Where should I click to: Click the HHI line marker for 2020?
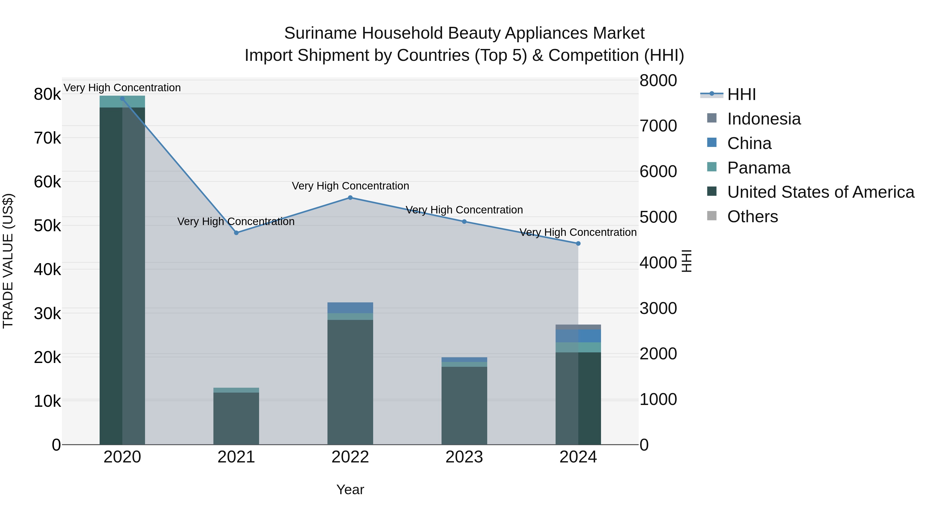pyautogui.click(x=122, y=99)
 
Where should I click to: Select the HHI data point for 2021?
pyautogui.click(x=236, y=233)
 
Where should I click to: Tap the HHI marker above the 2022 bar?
pyautogui.click(x=350, y=198)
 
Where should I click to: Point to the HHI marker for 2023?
pyautogui.click(x=464, y=221)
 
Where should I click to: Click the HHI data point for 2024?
pyautogui.click(x=578, y=244)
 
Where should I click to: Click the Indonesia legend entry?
pyautogui.click(x=764, y=119)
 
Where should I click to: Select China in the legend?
pyautogui.click(x=749, y=143)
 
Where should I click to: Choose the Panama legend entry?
pyautogui.click(x=758, y=168)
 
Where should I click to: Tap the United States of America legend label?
pyautogui.click(x=820, y=192)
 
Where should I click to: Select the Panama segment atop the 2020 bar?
pyautogui.click(x=122, y=102)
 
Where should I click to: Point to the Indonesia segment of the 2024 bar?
pyautogui.click(x=578, y=327)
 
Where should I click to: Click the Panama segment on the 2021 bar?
pyautogui.click(x=236, y=390)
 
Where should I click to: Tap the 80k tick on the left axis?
pyautogui.click(x=47, y=95)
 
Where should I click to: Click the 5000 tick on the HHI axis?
pyautogui.click(x=658, y=217)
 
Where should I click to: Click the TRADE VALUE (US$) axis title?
pyautogui.click(x=8, y=261)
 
